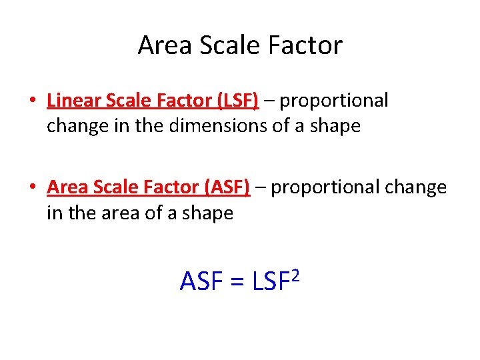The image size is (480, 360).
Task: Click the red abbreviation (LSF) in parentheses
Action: pos(237,101)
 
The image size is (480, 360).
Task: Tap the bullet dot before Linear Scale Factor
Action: pos(32,102)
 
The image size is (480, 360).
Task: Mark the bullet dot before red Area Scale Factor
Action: pos(32,189)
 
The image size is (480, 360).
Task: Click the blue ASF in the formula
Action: pos(201,282)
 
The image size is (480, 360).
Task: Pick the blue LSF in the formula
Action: pos(269,282)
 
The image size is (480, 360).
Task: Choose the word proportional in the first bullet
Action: pos(334,101)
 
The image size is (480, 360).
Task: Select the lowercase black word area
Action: pos(126,214)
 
